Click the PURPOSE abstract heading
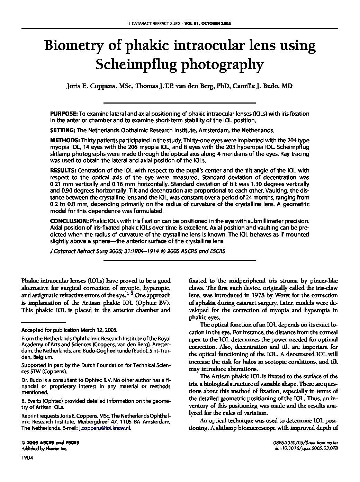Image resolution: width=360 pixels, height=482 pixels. (63, 114)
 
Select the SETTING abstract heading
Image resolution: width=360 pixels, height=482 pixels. (63, 131)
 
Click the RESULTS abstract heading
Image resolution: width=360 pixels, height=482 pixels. (63, 170)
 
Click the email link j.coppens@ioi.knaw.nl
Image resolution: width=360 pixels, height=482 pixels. (105, 428)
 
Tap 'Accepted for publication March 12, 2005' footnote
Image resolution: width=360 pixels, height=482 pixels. (69, 330)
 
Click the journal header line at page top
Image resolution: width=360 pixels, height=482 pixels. (180, 24)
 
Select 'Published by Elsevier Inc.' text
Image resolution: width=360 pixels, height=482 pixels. (44, 448)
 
